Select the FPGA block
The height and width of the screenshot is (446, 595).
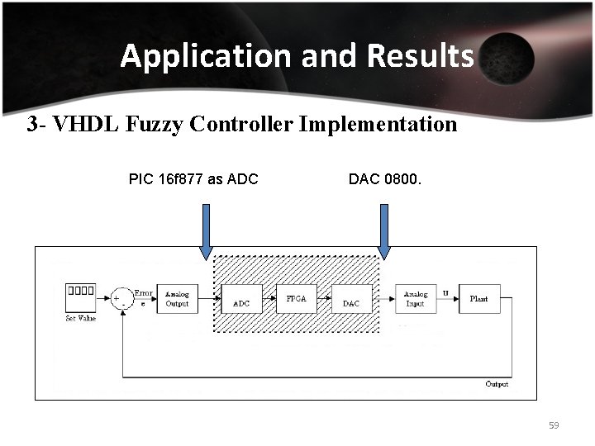coord(296,298)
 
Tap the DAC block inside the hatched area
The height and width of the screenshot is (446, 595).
coord(351,299)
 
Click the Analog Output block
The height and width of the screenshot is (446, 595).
coord(177,298)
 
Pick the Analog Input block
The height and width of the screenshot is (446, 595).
coord(415,298)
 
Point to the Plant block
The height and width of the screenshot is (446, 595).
coord(478,298)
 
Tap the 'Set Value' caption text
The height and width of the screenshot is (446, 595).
coord(82,318)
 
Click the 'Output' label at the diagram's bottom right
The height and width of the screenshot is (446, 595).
coord(497,384)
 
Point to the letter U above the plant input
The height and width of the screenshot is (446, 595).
coord(445,292)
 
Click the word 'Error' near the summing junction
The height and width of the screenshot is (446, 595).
coord(144,292)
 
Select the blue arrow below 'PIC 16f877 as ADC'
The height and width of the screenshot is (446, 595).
coord(206,231)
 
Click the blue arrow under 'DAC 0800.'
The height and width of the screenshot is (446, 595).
coord(384,231)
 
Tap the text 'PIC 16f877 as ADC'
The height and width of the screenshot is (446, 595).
coord(193,178)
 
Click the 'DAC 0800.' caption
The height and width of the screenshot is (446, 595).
coord(385,178)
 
